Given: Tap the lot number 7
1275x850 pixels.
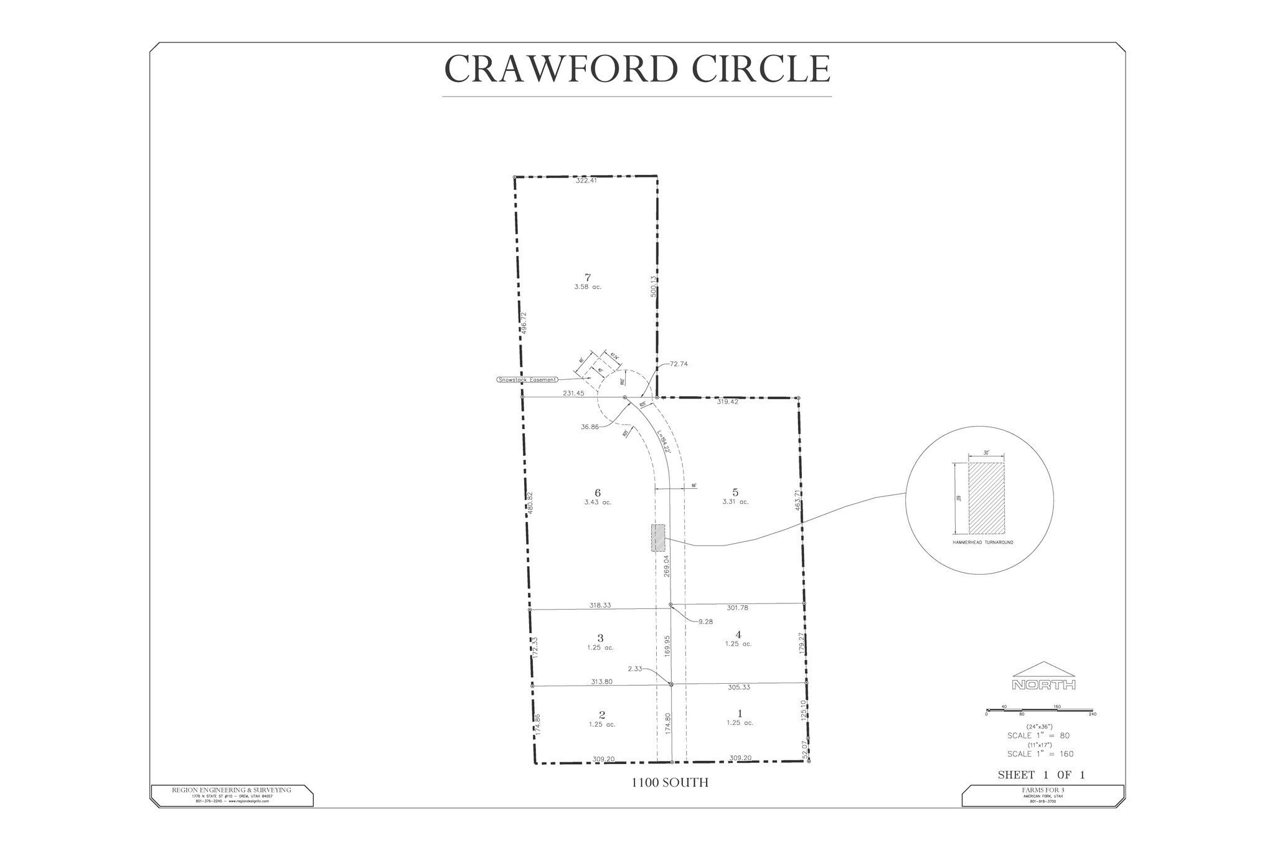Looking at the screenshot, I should click(x=587, y=277).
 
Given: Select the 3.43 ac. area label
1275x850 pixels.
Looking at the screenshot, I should click(x=598, y=502).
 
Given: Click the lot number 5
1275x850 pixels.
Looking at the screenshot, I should click(x=735, y=493).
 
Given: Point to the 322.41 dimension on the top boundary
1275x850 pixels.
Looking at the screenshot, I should click(x=586, y=181).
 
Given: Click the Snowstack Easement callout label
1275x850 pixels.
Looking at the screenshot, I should click(x=527, y=379).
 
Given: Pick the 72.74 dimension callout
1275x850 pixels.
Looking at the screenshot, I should click(x=679, y=364).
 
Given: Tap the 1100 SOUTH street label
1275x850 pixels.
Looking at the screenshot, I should click(x=670, y=783).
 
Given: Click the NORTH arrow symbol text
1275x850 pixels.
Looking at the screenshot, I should click(x=1043, y=685).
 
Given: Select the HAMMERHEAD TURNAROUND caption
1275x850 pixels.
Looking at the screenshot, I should click(x=982, y=542).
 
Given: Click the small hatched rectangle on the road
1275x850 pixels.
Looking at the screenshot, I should click(x=658, y=538).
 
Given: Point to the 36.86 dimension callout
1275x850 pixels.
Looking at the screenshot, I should click(x=589, y=427).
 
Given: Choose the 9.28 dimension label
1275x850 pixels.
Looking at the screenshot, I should click(x=705, y=621).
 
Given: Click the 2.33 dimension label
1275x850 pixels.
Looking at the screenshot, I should click(x=635, y=668).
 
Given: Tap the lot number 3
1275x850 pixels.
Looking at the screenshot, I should click(x=600, y=638).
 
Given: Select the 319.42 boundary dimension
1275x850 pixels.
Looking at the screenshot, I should click(x=727, y=402).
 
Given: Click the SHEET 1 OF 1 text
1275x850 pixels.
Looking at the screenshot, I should click(x=1041, y=775).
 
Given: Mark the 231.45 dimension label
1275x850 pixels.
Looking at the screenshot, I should click(x=573, y=393).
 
